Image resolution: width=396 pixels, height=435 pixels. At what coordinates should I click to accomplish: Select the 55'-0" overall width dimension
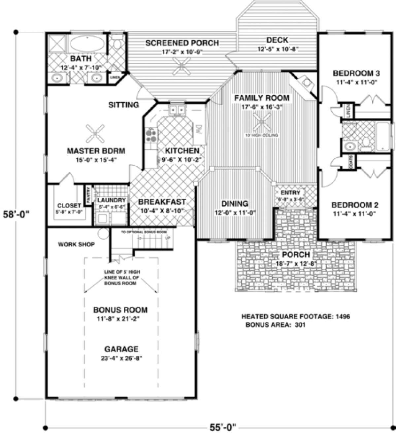223,427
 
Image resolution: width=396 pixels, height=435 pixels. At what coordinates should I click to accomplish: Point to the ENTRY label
290,193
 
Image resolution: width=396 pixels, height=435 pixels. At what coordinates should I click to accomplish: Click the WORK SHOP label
77,244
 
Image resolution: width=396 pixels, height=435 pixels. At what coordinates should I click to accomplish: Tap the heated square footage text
296,317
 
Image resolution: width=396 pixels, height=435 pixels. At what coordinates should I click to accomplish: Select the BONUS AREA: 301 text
276,325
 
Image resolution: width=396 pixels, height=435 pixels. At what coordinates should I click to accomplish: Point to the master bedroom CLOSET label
69,205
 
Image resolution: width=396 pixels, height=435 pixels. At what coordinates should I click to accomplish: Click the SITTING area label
123,105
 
